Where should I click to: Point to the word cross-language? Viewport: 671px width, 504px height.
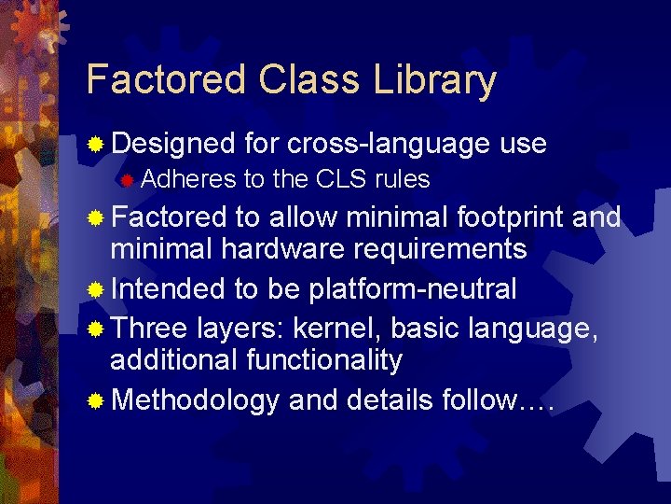[x=388, y=143]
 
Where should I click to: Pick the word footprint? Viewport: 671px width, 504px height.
[x=511, y=217]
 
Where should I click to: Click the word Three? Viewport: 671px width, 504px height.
[x=149, y=328]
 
